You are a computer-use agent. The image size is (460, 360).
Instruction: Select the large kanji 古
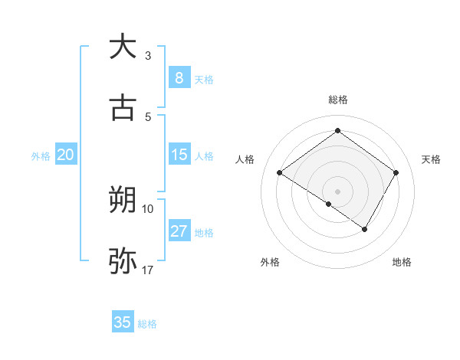123,108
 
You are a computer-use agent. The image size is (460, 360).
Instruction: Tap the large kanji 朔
123,201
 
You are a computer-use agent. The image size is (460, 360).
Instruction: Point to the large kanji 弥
123,261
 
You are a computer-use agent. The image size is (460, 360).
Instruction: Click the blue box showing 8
179,77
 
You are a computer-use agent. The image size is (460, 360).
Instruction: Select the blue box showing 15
179,155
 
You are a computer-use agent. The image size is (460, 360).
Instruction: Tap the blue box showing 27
179,231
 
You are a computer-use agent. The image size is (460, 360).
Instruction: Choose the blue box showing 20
65,155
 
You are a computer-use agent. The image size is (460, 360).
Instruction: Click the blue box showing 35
123,322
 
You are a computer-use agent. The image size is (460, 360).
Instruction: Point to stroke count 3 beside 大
148,56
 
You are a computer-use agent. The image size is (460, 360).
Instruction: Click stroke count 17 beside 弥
147,270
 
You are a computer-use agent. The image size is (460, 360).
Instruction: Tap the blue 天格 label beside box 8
204,79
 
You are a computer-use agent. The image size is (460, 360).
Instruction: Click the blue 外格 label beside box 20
41,156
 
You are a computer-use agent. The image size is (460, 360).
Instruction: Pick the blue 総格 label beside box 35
147,324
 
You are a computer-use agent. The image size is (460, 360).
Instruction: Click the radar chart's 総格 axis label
337,100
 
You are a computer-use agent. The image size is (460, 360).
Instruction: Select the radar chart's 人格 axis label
245,159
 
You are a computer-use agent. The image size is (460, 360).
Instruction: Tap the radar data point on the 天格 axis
396,173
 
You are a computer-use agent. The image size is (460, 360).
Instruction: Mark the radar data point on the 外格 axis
329,204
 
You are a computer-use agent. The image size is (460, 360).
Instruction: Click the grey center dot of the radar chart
337,191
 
